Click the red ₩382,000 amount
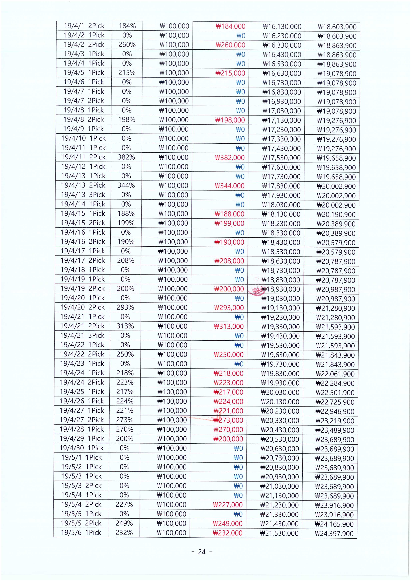coord(230,158)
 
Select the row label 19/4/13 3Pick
coord(83,195)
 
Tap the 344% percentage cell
coord(126,186)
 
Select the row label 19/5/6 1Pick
coord(81,533)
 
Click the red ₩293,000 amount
coord(229,308)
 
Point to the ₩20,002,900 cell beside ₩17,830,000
coord(336,187)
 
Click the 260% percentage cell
coord(127,45)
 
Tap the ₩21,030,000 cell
coord(279,486)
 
